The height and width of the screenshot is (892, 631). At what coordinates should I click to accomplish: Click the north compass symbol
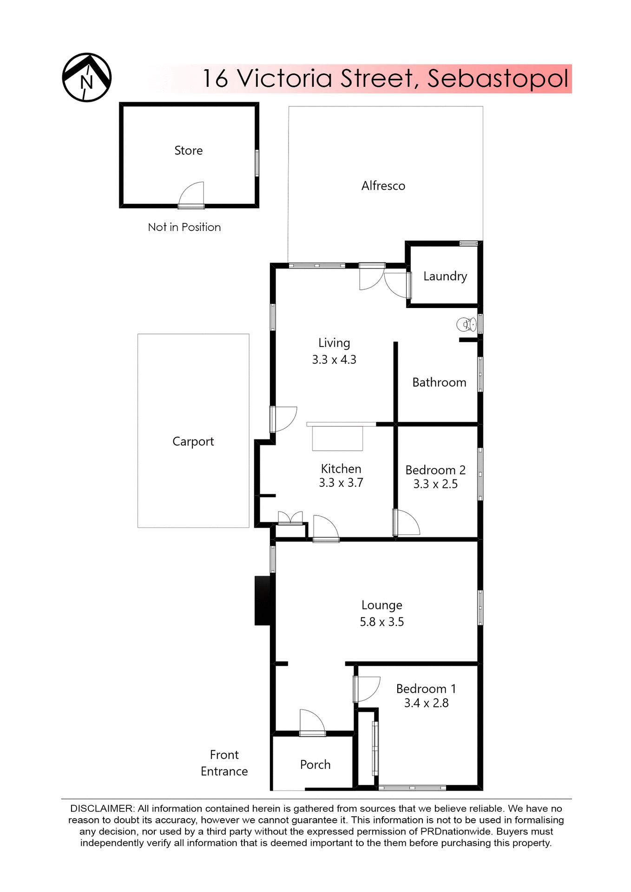[87, 78]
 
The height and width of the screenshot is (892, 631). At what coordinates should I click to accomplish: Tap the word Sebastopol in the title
[497, 79]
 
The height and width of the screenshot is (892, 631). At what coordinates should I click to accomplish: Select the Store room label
[188, 151]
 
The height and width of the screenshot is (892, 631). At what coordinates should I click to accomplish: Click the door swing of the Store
[193, 194]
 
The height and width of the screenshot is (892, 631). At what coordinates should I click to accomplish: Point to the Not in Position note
[184, 227]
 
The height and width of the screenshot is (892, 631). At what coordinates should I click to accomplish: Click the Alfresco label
[383, 186]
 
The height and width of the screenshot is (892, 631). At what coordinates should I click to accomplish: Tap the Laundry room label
[445, 276]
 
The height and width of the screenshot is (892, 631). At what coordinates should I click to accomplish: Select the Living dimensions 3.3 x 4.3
[334, 360]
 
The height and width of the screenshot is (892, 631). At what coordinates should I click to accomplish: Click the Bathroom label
[439, 382]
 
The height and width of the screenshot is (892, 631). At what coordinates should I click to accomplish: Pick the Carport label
[193, 441]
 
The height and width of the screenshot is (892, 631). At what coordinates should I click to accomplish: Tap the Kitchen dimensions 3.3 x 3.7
[341, 483]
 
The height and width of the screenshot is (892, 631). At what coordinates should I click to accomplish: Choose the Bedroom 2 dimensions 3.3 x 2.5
[435, 484]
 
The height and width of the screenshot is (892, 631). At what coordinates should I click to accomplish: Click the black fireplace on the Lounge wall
[263, 600]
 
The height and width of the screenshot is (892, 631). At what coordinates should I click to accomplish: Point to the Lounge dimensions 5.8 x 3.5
[381, 622]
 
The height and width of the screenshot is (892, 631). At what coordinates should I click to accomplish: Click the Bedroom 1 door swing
[367, 689]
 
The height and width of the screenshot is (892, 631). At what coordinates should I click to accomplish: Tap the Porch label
[315, 764]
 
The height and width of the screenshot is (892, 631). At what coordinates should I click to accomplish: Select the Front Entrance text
[224, 763]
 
